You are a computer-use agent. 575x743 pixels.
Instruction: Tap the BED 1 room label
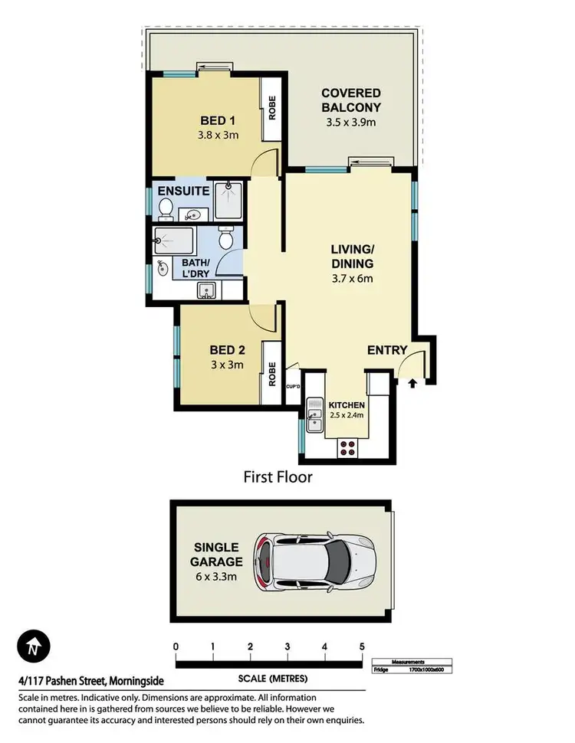click(218, 120)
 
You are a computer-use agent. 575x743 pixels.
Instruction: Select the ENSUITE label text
click(183, 190)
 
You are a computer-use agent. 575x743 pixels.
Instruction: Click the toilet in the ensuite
click(165, 208)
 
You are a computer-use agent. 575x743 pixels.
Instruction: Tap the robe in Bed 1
click(271, 111)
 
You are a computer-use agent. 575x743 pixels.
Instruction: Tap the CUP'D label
click(293, 388)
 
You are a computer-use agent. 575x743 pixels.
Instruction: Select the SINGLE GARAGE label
click(216, 555)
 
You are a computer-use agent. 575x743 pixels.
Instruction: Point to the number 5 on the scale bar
click(362, 646)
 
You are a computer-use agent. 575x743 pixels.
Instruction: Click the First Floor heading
click(278, 477)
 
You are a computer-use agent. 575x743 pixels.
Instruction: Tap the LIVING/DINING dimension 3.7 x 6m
click(352, 278)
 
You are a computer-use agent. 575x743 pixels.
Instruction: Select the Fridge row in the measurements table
click(413, 669)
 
